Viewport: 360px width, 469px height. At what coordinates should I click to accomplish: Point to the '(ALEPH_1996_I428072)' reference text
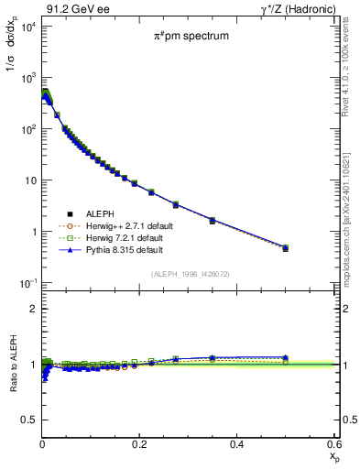coord(190,273)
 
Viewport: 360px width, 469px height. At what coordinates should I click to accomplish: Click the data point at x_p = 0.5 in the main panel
coord(286,247)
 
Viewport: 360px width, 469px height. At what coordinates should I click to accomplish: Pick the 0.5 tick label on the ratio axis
coord(29,420)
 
